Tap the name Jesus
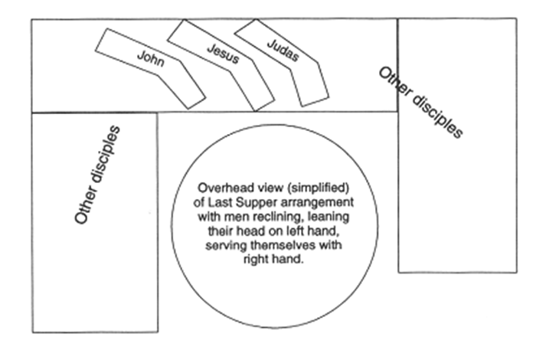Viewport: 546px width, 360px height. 223,53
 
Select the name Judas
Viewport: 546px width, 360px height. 283,50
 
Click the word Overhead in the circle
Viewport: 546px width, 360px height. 221,188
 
